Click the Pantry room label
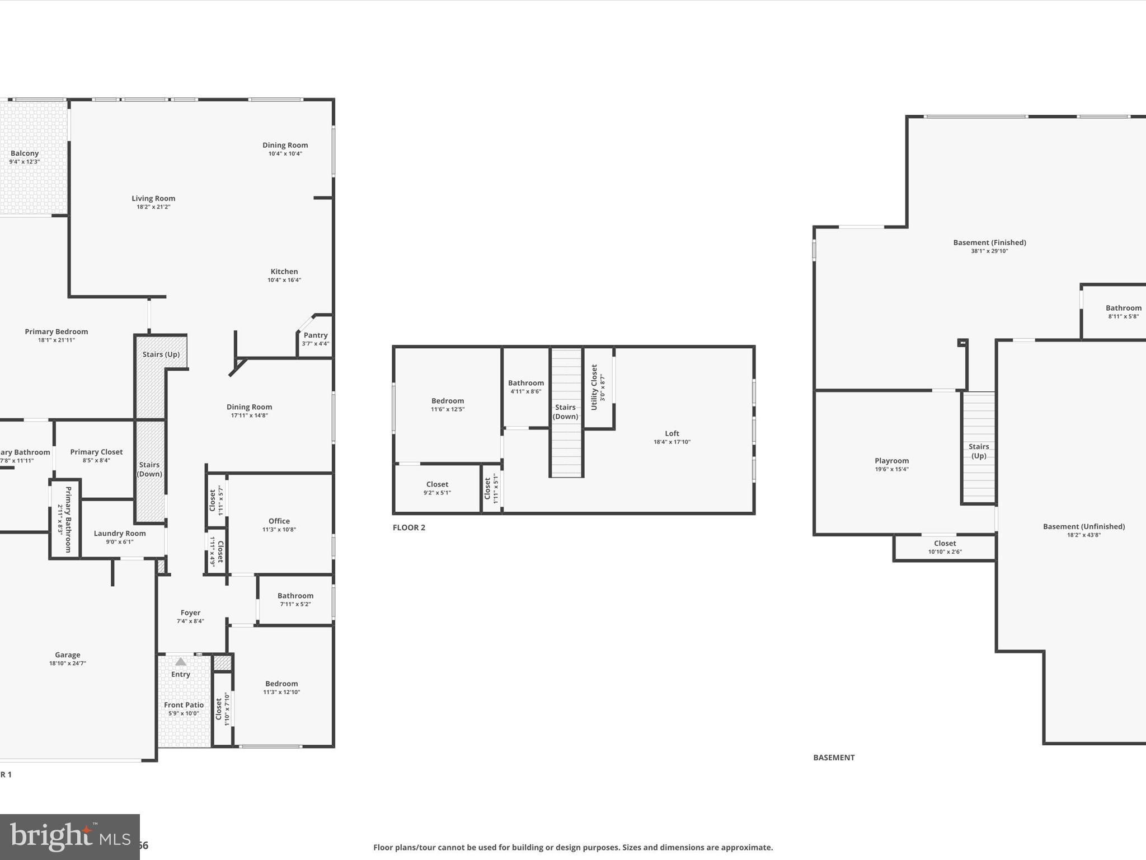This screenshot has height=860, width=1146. [315, 335]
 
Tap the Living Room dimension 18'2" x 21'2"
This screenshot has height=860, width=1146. [153, 207]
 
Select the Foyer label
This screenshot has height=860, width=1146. [190, 613]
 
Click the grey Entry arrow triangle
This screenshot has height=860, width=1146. [181, 662]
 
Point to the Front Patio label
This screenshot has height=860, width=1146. [184, 705]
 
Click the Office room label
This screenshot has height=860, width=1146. [279, 521]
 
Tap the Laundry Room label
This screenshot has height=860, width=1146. [120, 534]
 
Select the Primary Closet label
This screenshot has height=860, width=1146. [96, 452]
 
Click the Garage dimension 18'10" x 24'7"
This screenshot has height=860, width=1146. [68, 663]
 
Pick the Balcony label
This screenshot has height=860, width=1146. [25, 153]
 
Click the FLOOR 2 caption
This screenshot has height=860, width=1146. [409, 527]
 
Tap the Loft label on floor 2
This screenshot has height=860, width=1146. [671, 433]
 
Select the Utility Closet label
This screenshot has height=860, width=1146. [594, 387]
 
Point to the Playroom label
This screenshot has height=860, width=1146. [891, 461]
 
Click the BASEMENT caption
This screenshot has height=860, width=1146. [834, 758]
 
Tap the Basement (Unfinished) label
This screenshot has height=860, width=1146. [1083, 526]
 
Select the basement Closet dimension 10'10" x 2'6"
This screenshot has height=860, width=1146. [945, 552]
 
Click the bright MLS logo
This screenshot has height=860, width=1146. [69, 837]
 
